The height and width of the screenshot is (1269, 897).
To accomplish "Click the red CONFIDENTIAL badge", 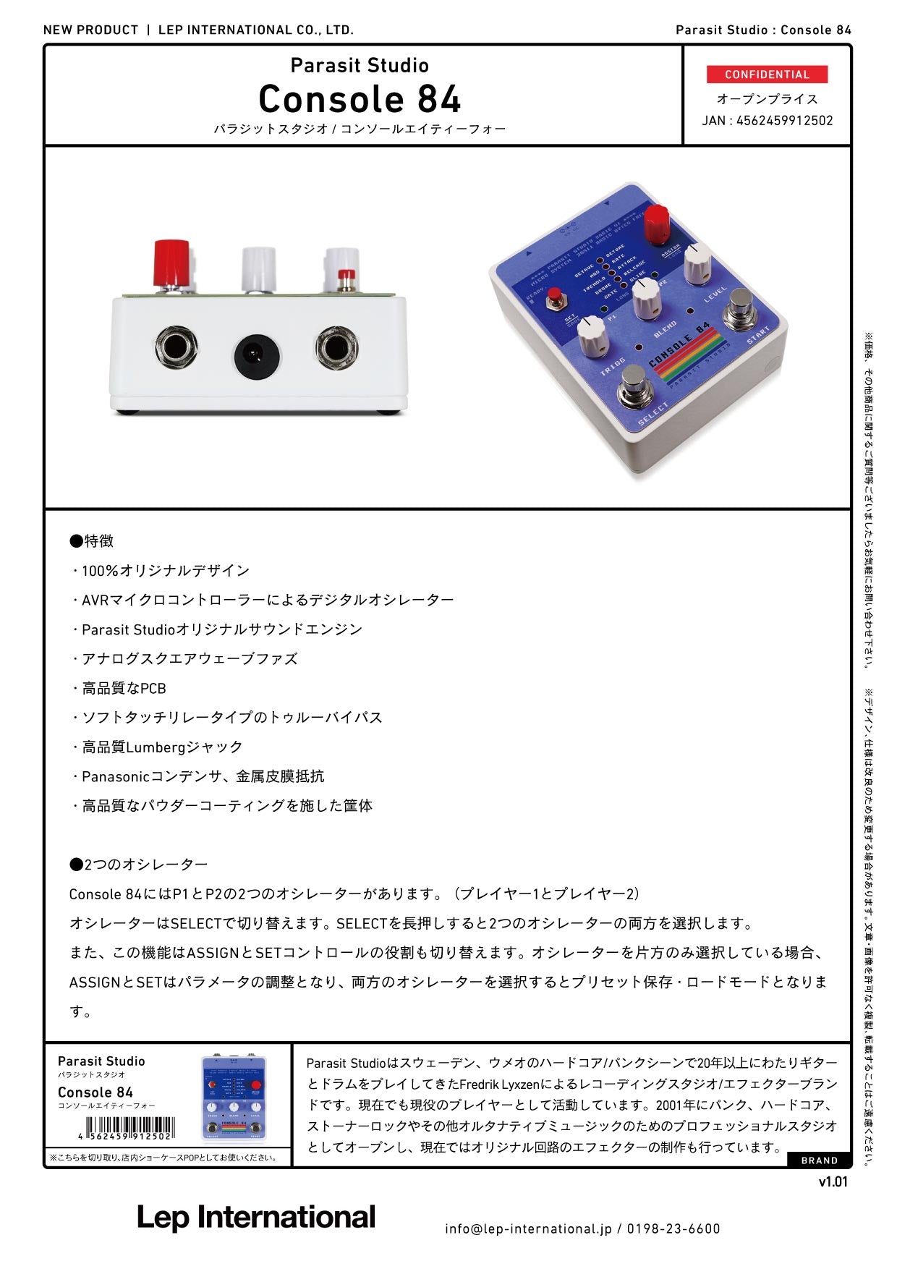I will (x=767, y=75).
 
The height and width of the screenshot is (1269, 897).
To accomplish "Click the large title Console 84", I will (x=360, y=99).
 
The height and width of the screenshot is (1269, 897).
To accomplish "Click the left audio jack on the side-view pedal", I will (x=176, y=349).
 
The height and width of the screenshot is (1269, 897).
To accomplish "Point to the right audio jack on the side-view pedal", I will (x=336, y=349).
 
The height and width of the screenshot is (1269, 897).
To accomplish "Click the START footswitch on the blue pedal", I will (x=741, y=306).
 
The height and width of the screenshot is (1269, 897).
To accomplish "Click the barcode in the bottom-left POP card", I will (x=130, y=1128).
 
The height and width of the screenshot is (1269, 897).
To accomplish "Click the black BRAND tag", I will (x=819, y=1160).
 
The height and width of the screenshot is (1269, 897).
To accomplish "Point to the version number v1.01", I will (x=833, y=1182).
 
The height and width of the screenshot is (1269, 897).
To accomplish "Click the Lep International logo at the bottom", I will (x=256, y=1217).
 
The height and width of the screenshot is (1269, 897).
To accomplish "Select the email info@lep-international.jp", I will (x=528, y=1228).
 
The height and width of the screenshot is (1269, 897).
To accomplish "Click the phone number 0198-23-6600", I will (x=673, y=1228).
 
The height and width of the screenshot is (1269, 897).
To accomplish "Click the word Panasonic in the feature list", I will (x=115, y=776).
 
